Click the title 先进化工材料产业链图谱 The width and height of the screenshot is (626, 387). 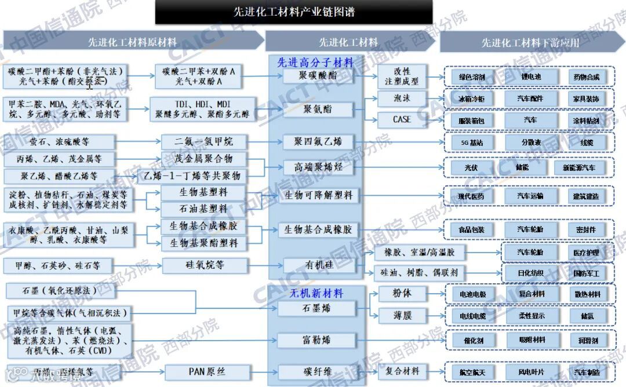coord(293,11)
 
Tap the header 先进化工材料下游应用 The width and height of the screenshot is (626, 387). coord(530,42)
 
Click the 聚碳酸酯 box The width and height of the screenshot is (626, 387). coord(318,76)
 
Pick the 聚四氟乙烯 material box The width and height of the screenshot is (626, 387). coord(318,141)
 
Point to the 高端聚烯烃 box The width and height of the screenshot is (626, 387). coord(318,167)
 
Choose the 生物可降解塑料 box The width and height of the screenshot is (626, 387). coord(318,195)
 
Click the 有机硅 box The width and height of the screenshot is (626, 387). coord(318,265)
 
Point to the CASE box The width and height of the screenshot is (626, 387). coord(402,119)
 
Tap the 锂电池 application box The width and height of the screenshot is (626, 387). coord(531,76)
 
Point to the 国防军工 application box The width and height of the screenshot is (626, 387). coord(586,273)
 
